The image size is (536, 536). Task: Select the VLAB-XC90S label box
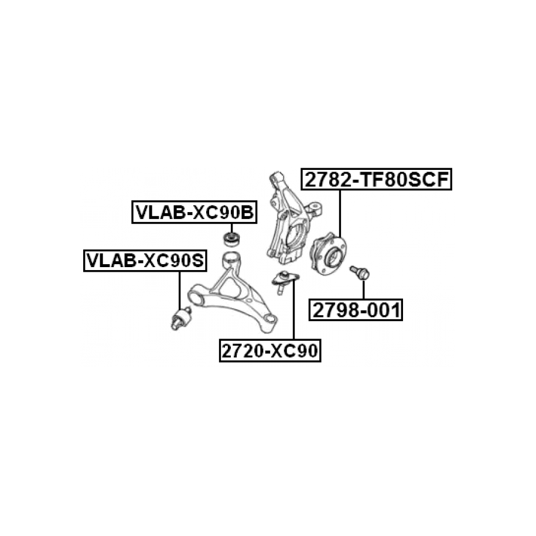[145, 260]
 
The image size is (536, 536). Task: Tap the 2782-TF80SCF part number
[377, 180]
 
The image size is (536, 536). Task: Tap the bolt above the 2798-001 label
[359, 272]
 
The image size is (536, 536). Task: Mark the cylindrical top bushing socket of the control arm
[231, 258]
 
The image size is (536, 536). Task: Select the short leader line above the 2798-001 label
[364, 289]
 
